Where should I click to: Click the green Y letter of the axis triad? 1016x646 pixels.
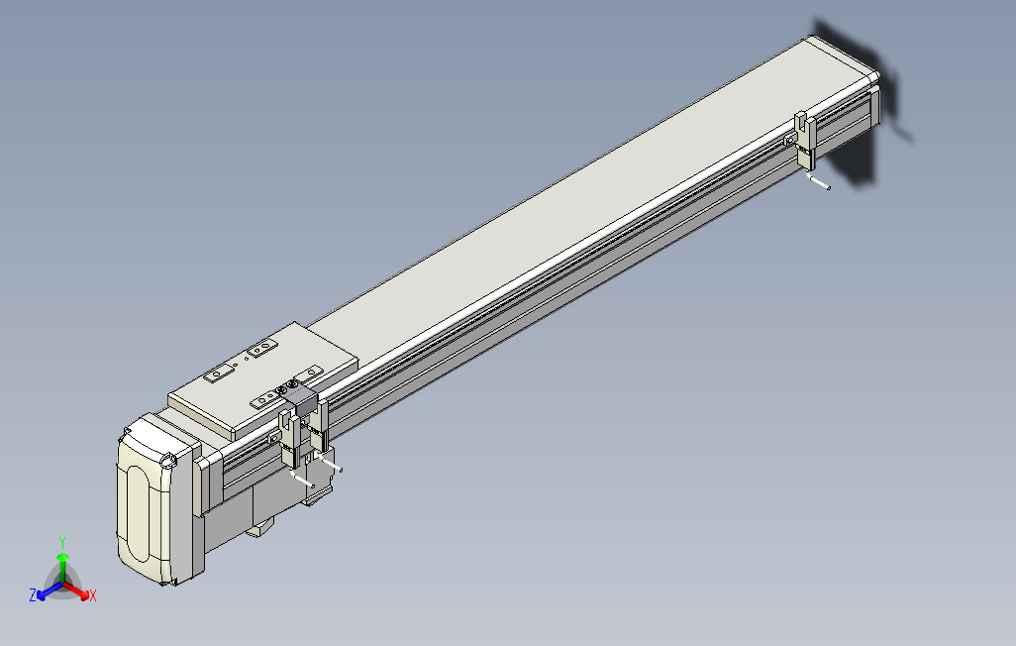click(x=61, y=542)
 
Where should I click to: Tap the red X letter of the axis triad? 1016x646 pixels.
click(x=92, y=595)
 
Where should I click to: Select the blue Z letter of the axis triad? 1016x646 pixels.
click(x=33, y=594)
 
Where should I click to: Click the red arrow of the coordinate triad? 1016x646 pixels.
click(x=81, y=592)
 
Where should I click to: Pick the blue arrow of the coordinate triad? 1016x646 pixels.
click(x=45, y=592)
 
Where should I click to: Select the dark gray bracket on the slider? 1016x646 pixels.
click(x=302, y=401)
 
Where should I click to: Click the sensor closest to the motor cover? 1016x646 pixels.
click(x=289, y=441)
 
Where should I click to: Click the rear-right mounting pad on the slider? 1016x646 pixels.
click(x=262, y=349)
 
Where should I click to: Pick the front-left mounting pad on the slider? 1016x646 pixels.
click(x=264, y=400)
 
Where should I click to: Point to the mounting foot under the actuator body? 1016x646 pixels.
click(x=259, y=529)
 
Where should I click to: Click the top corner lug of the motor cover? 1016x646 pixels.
click(x=169, y=460)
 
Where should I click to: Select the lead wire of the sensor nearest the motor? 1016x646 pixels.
click(x=303, y=481)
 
